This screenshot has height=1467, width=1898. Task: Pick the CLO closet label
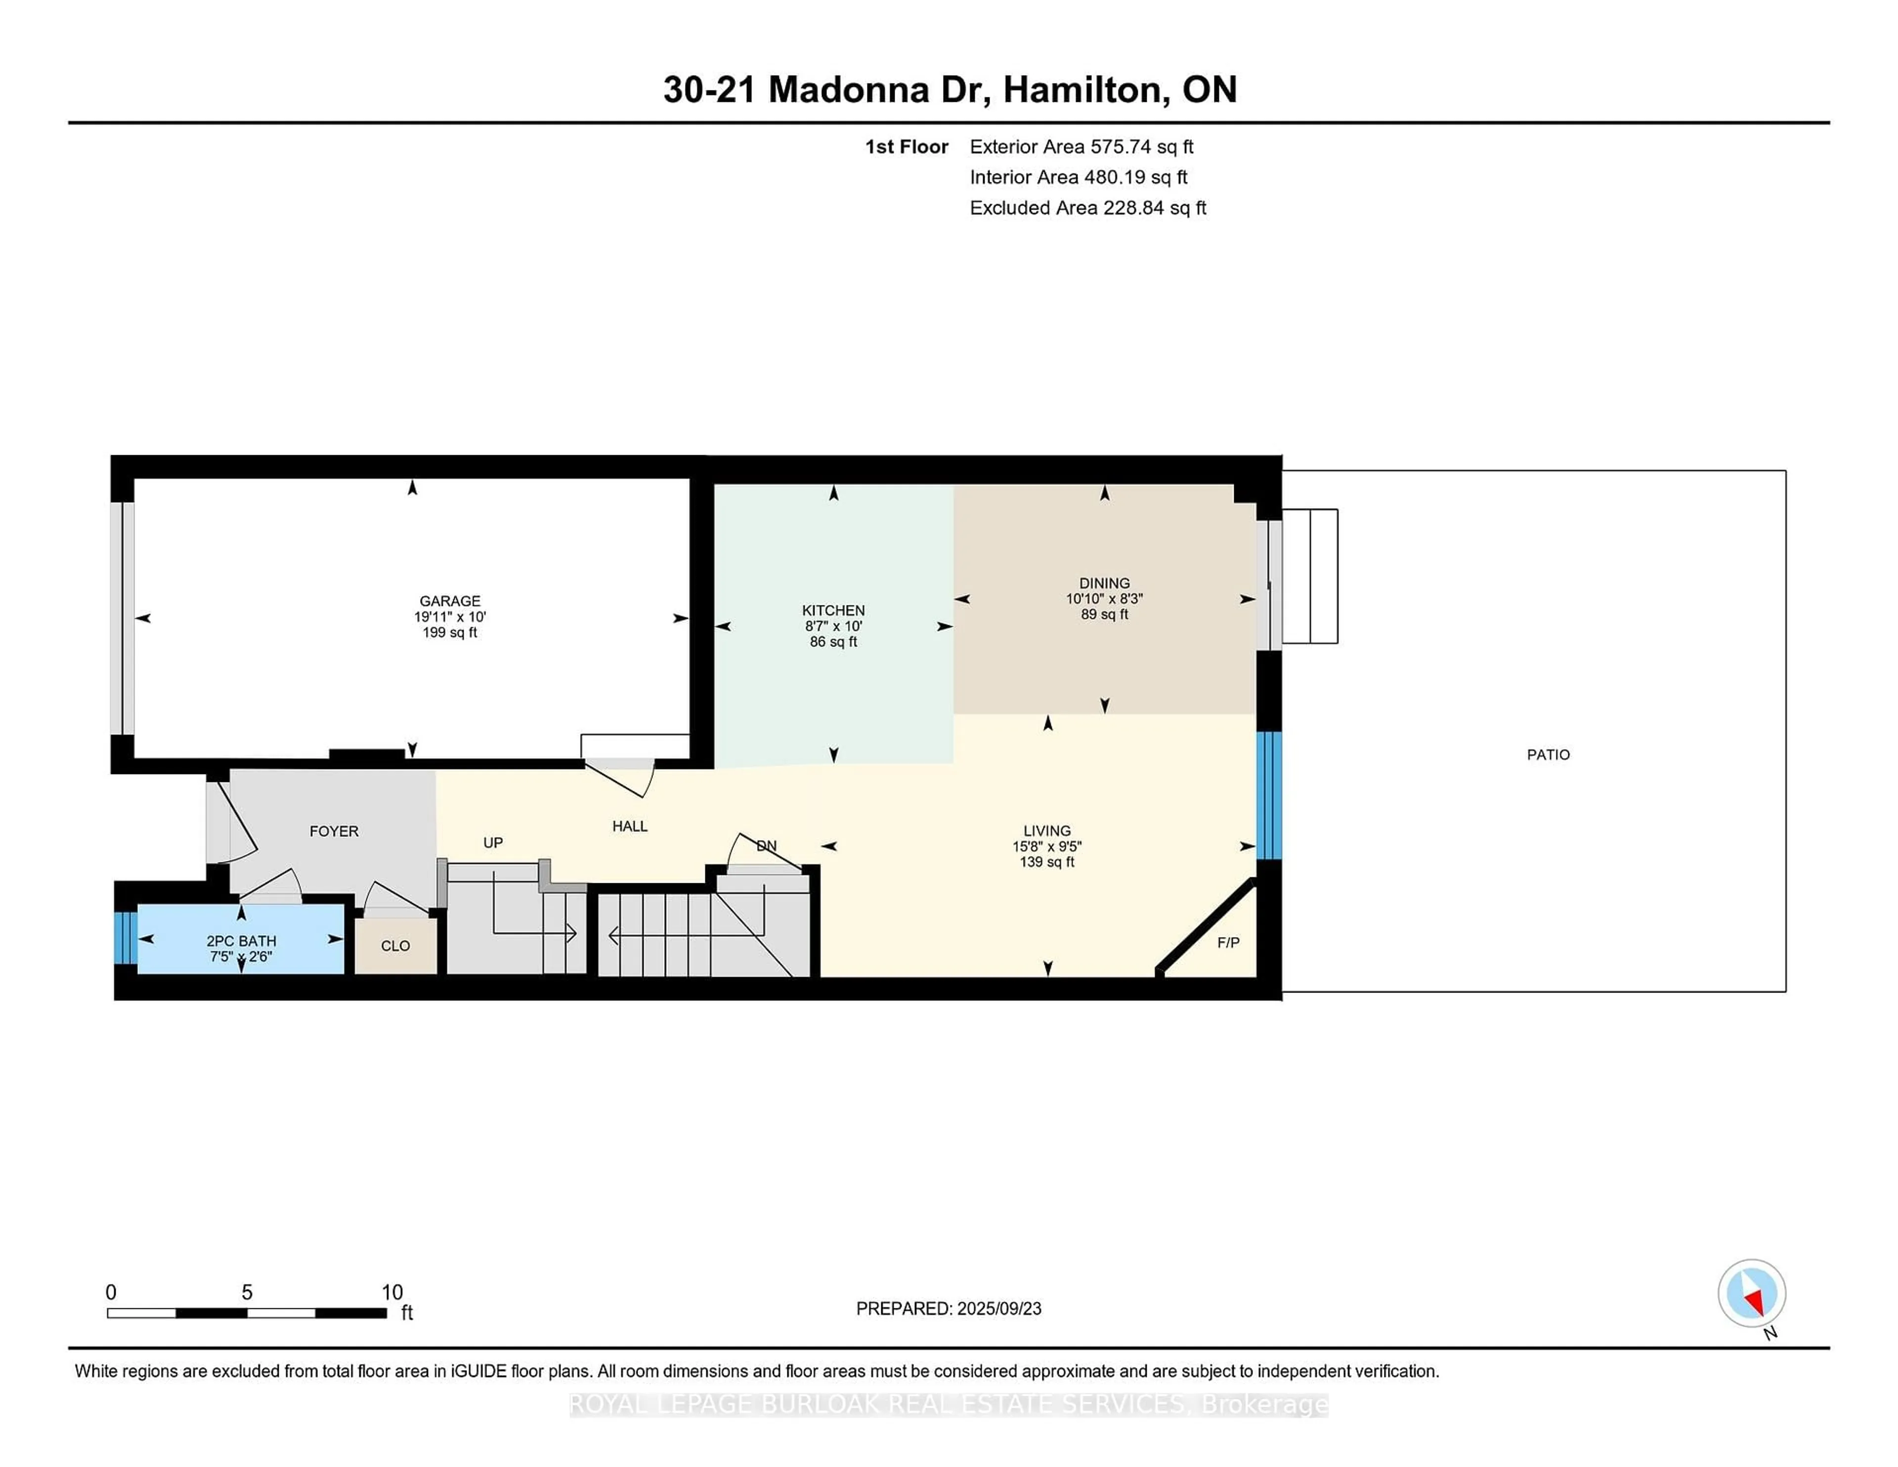395,946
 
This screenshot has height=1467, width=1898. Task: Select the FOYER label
334,831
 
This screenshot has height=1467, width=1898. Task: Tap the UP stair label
493,842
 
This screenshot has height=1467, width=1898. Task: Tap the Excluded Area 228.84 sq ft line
1088,208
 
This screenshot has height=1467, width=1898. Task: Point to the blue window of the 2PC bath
126,938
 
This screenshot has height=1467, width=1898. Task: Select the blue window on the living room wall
1269,795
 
